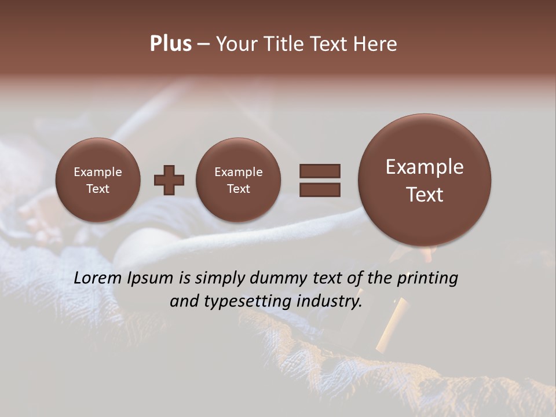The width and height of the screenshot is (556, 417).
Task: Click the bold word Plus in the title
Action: coord(170,44)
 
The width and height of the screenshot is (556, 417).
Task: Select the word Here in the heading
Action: coord(376,44)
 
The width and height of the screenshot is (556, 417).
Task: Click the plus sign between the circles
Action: coord(169,180)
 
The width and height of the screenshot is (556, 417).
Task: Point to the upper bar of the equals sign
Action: coord(320,171)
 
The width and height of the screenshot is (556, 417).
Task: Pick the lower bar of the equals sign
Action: coord(320,189)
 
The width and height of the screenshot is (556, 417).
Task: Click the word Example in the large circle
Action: coord(425,167)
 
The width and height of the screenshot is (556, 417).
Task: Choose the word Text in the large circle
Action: coord(425,195)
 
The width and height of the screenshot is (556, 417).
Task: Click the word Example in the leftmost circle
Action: coord(98,172)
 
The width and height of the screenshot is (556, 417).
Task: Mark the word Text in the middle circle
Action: coord(238,189)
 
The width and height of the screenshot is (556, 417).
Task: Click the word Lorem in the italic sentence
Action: coord(98,278)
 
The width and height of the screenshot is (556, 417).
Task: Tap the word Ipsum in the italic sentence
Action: coord(150,278)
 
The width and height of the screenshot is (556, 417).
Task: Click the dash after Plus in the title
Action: coord(203,45)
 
